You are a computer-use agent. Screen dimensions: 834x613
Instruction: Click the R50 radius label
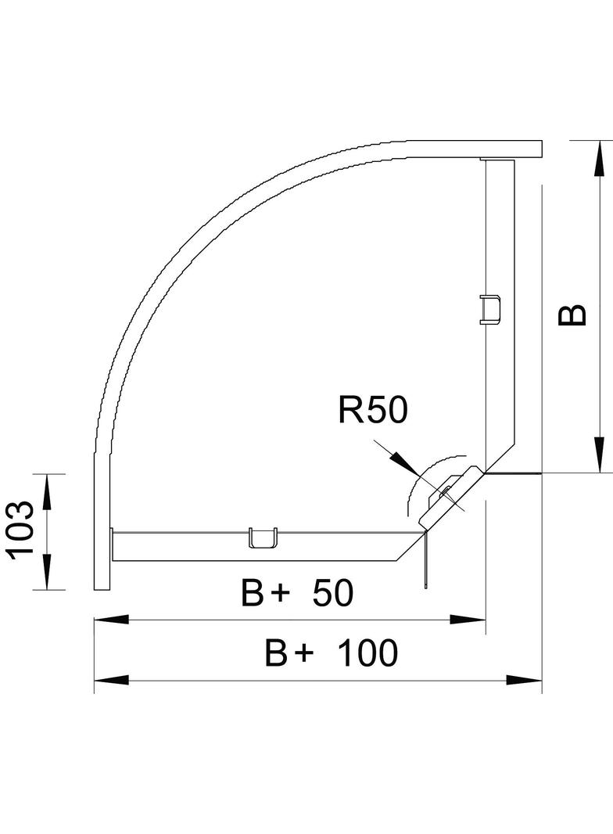pos(372,410)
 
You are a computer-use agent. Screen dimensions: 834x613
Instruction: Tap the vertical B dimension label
pos(572,314)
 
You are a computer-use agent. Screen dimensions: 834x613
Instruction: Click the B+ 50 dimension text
pos(297,595)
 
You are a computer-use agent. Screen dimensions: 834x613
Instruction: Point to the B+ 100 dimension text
pos(332,653)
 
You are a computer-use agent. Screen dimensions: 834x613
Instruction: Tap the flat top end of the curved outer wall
pos(508,148)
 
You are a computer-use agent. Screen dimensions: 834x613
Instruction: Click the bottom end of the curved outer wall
pos(102,579)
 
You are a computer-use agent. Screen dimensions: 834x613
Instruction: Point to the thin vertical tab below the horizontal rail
pos(424,560)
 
